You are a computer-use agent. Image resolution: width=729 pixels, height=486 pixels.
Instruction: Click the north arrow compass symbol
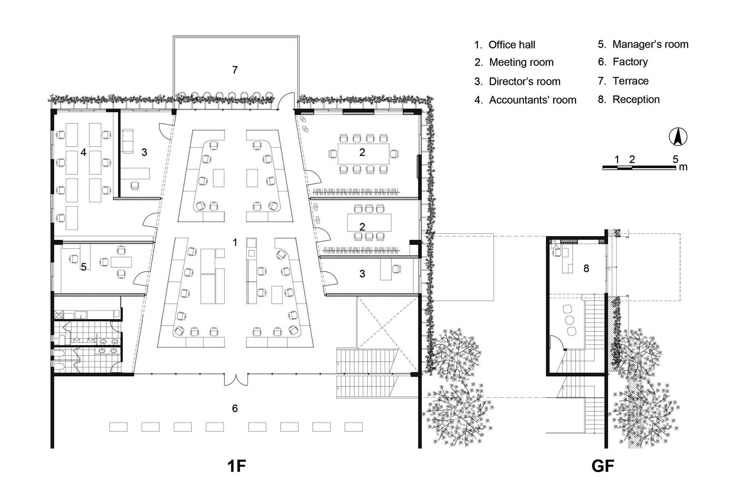[678, 137]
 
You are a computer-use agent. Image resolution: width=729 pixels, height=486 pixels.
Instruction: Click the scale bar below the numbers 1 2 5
[639, 167]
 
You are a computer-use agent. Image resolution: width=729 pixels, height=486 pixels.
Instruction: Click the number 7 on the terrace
[235, 70]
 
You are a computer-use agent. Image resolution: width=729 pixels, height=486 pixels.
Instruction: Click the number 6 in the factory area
[235, 408]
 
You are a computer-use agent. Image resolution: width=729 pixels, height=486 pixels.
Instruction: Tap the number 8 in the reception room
[586, 268]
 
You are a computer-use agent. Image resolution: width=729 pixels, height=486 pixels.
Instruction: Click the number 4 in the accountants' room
[83, 152]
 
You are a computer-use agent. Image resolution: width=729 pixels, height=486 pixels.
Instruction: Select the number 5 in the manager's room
[83, 267]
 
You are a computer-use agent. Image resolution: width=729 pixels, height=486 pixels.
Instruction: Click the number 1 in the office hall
[235, 242]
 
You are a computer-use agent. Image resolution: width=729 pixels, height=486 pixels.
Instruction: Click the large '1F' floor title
[236, 466]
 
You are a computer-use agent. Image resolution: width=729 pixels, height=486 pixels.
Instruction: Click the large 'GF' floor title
[603, 466]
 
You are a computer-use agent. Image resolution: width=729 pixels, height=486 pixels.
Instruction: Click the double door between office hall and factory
[236, 379]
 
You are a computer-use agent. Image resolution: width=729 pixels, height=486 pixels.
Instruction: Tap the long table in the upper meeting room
[363, 154]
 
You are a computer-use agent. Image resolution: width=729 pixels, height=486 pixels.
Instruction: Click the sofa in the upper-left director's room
[127, 141]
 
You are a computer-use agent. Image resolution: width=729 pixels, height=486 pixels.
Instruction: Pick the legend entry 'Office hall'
[511, 45]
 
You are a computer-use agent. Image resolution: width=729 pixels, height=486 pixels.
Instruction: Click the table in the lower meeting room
[369, 222]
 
